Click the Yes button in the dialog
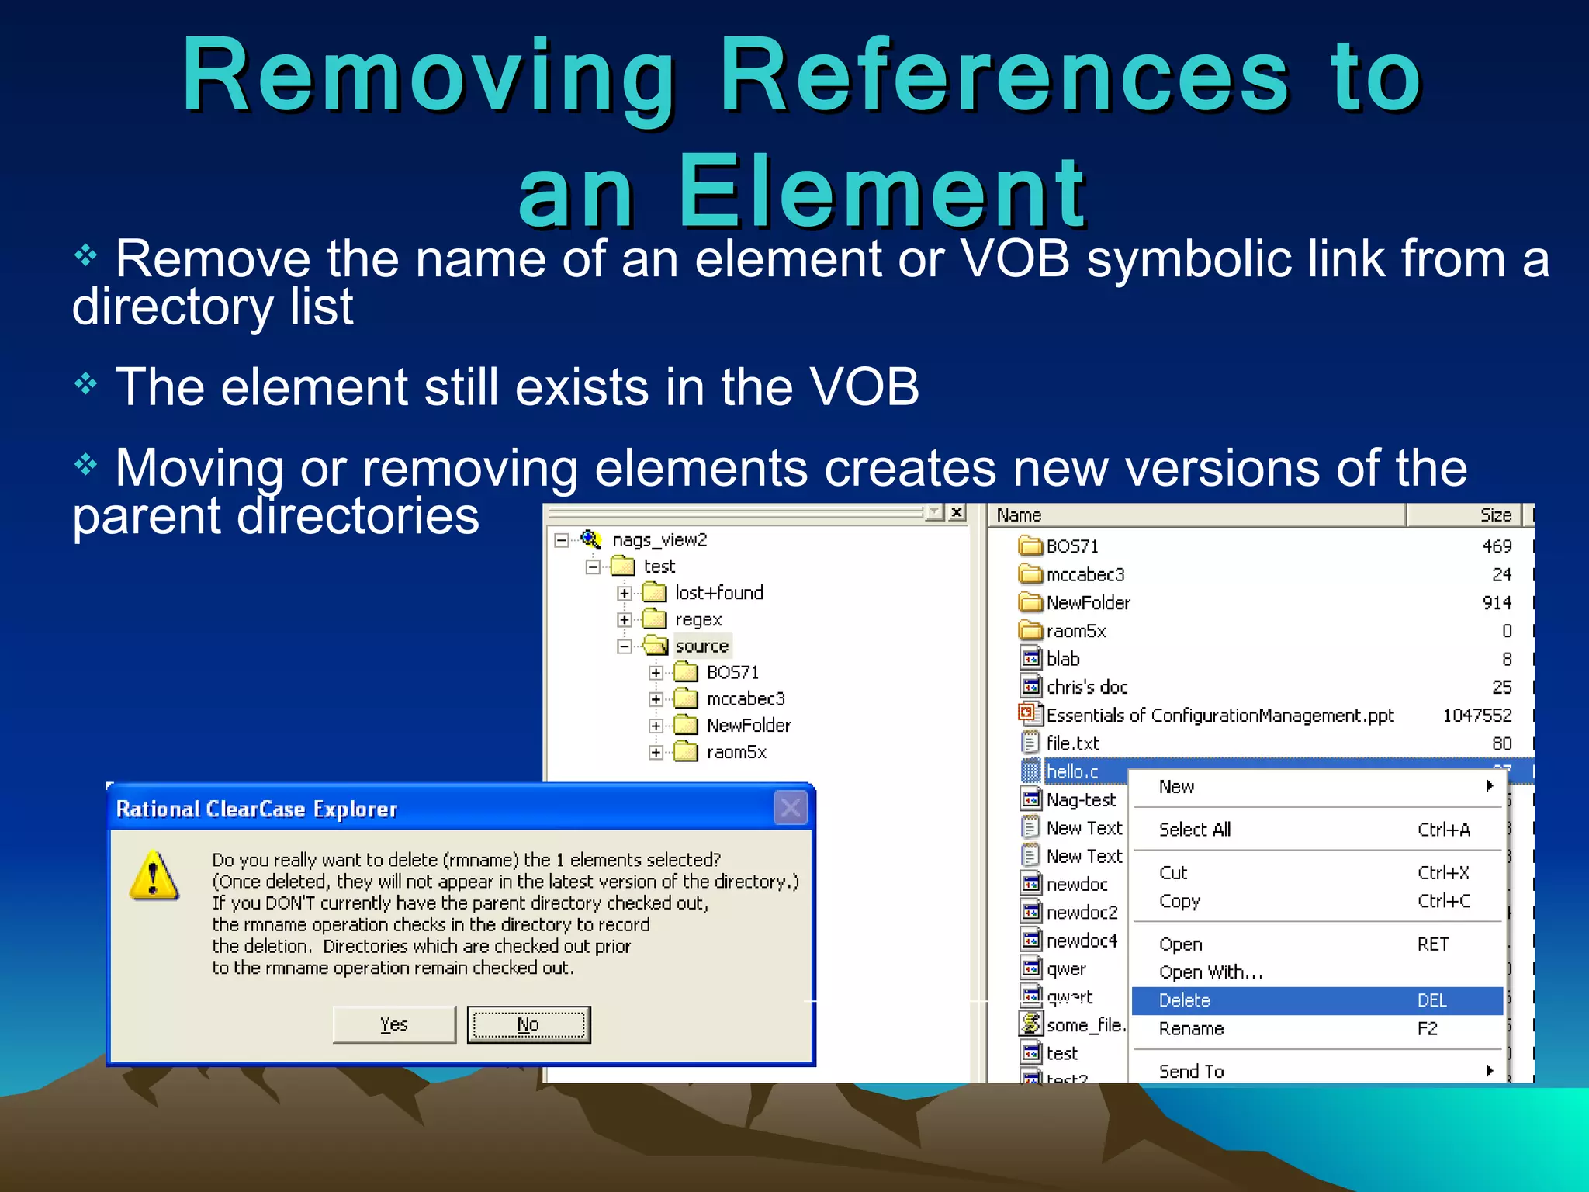394,1024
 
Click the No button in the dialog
528,1024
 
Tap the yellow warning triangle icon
154,877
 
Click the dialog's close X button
791,809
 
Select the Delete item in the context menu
1184,1000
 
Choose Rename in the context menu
1191,1029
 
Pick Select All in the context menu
1195,830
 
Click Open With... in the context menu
1210,972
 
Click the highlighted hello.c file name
1072,771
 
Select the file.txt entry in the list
1072,743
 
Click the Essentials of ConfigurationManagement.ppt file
1219,715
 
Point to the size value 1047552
1476,715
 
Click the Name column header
1020,515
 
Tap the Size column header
1495,515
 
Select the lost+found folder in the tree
718,593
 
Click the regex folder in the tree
698,619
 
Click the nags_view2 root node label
659,540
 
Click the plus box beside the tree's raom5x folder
656,752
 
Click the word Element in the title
882,192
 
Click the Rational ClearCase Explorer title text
257,809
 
